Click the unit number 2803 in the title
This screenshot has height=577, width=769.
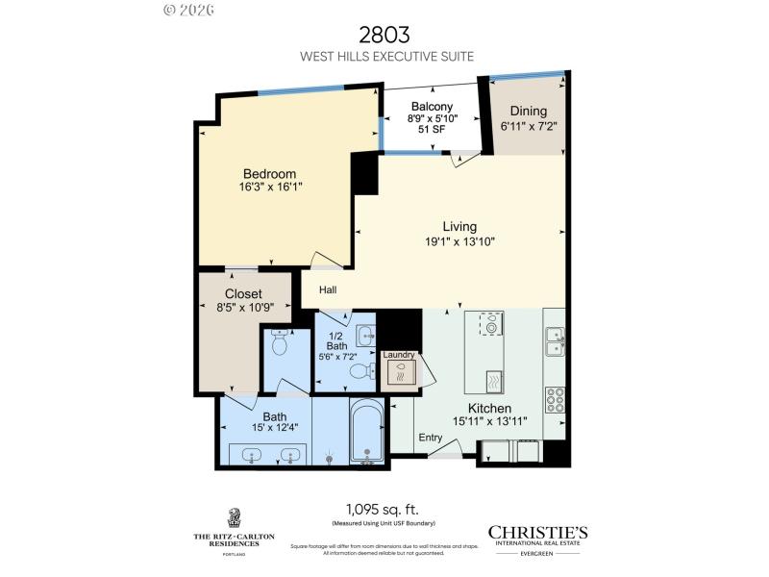click(384, 35)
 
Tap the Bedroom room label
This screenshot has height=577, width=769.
click(268, 173)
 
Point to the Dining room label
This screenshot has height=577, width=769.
click(529, 111)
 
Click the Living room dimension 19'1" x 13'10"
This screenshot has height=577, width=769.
click(459, 242)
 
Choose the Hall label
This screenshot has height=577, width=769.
click(328, 289)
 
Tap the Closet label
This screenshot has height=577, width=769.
click(243, 293)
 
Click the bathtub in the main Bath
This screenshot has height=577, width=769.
click(366, 433)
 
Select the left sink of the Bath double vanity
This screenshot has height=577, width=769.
click(253, 455)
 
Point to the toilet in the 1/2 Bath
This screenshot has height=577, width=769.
click(360, 371)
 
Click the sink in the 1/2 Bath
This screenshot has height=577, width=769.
click(365, 334)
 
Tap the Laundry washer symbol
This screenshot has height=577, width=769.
click(400, 371)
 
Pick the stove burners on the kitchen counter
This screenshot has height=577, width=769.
click(555, 398)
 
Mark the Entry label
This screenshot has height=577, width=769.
click(431, 438)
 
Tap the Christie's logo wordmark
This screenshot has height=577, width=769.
click(537, 533)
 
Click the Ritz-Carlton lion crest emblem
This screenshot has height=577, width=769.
click(233, 517)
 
